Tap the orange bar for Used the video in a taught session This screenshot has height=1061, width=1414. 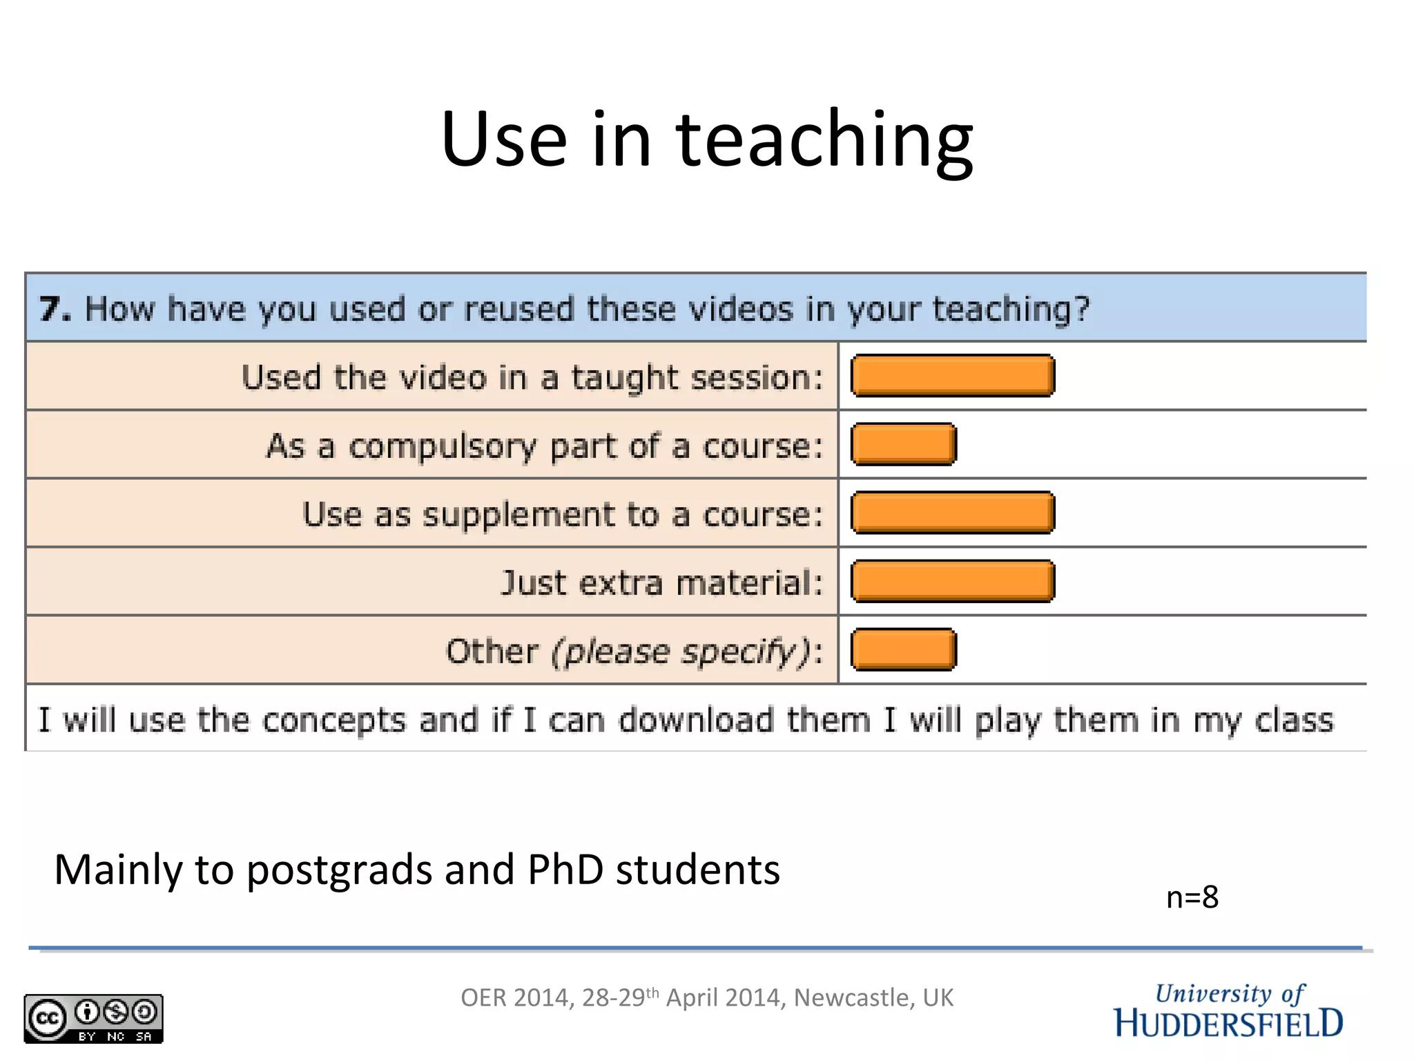pos(953,376)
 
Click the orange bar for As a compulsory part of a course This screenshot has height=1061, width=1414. pos(904,444)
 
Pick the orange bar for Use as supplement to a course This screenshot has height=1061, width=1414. pos(953,513)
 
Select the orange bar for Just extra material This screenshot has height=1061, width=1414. pos(953,581)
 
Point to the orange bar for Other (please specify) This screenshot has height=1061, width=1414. pos(904,649)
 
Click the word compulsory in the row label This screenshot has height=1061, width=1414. pos(442,447)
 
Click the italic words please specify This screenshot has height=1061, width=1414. pos(680,651)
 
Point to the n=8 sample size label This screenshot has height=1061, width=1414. pos(1192,897)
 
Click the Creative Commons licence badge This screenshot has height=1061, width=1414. pos(93,1018)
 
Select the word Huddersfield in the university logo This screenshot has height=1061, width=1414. pos(1228,1023)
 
